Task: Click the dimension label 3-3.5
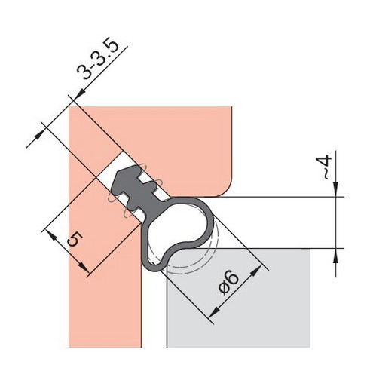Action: (97, 58)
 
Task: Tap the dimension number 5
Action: (75, 239)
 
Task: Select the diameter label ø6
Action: (228, 283)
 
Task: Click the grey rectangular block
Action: (238, 298)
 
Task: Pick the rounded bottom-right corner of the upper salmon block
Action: (225, 190)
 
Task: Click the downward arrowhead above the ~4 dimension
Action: (336, 189)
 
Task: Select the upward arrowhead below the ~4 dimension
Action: (336, 256)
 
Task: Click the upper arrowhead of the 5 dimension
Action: (51, 235)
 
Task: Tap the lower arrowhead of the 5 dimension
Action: (84, 268)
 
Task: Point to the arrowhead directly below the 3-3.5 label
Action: (80, 94)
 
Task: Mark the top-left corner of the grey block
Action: (167, 249)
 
